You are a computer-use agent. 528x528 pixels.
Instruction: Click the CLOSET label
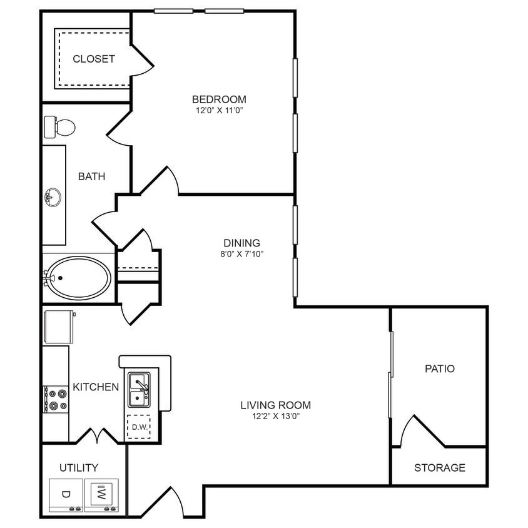94,59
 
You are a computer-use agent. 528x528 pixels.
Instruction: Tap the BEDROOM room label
219,99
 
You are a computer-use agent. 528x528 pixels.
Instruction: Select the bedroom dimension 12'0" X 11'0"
219,111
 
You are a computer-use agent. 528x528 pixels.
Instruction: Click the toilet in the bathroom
60,127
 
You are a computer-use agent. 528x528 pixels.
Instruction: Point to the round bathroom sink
53,198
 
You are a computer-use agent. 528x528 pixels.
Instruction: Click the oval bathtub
79,278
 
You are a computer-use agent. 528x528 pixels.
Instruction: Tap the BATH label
91,176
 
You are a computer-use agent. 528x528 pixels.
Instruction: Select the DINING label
241,243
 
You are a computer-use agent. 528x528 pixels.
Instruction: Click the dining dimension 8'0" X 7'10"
241,254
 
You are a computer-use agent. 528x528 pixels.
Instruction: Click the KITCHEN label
96,387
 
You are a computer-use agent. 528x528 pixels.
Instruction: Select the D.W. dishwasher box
138,427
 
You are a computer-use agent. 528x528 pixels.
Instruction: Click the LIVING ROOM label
275,405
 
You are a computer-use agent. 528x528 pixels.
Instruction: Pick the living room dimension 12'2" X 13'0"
275,417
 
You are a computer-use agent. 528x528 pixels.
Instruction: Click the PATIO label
440,368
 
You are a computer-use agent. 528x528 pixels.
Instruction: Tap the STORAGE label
440,467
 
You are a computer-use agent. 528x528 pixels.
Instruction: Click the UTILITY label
79,467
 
